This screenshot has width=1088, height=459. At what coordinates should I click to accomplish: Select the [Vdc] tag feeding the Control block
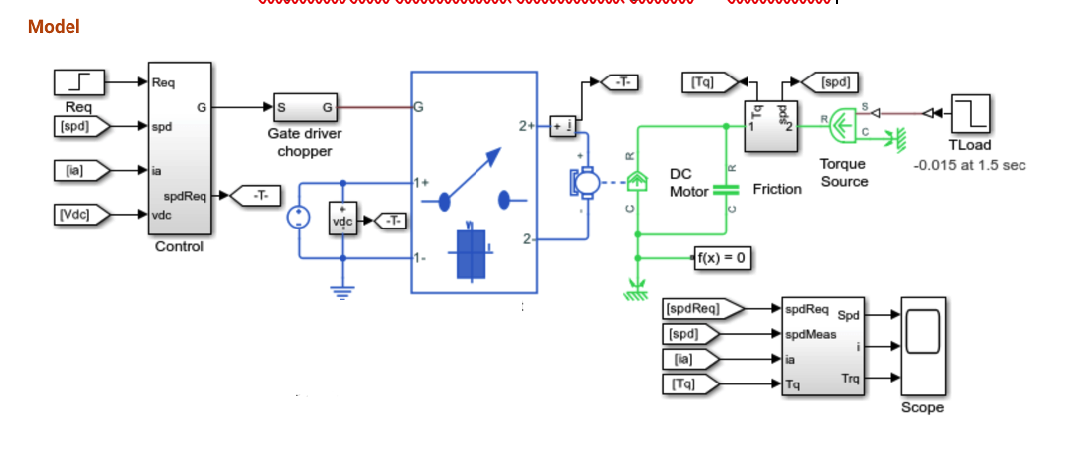click(x=78, y=212)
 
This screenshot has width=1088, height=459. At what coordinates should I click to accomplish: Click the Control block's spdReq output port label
click(x=185, y=196)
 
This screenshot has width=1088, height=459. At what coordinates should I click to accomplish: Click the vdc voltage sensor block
click(x=343, y=220)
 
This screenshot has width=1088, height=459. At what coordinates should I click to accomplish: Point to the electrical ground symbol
click(x=343, y=291)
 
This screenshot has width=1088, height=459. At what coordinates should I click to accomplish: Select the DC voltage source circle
click(x=297, y=220)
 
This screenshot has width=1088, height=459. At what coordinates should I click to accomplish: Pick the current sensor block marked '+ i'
click(x=562, y=125)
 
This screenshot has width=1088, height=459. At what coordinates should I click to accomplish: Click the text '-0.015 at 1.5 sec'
click(x=969, y=165)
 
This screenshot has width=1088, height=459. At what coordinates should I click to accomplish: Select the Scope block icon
click(x=922, y=346)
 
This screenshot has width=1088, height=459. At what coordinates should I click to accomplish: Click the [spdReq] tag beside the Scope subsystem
click(x=698, y=309)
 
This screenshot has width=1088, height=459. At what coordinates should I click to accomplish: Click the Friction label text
click(x=777, y=189)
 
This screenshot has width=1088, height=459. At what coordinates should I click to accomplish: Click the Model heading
click(x=54, y=27)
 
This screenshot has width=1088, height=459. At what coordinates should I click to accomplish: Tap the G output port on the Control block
click(x=203, y=107)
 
